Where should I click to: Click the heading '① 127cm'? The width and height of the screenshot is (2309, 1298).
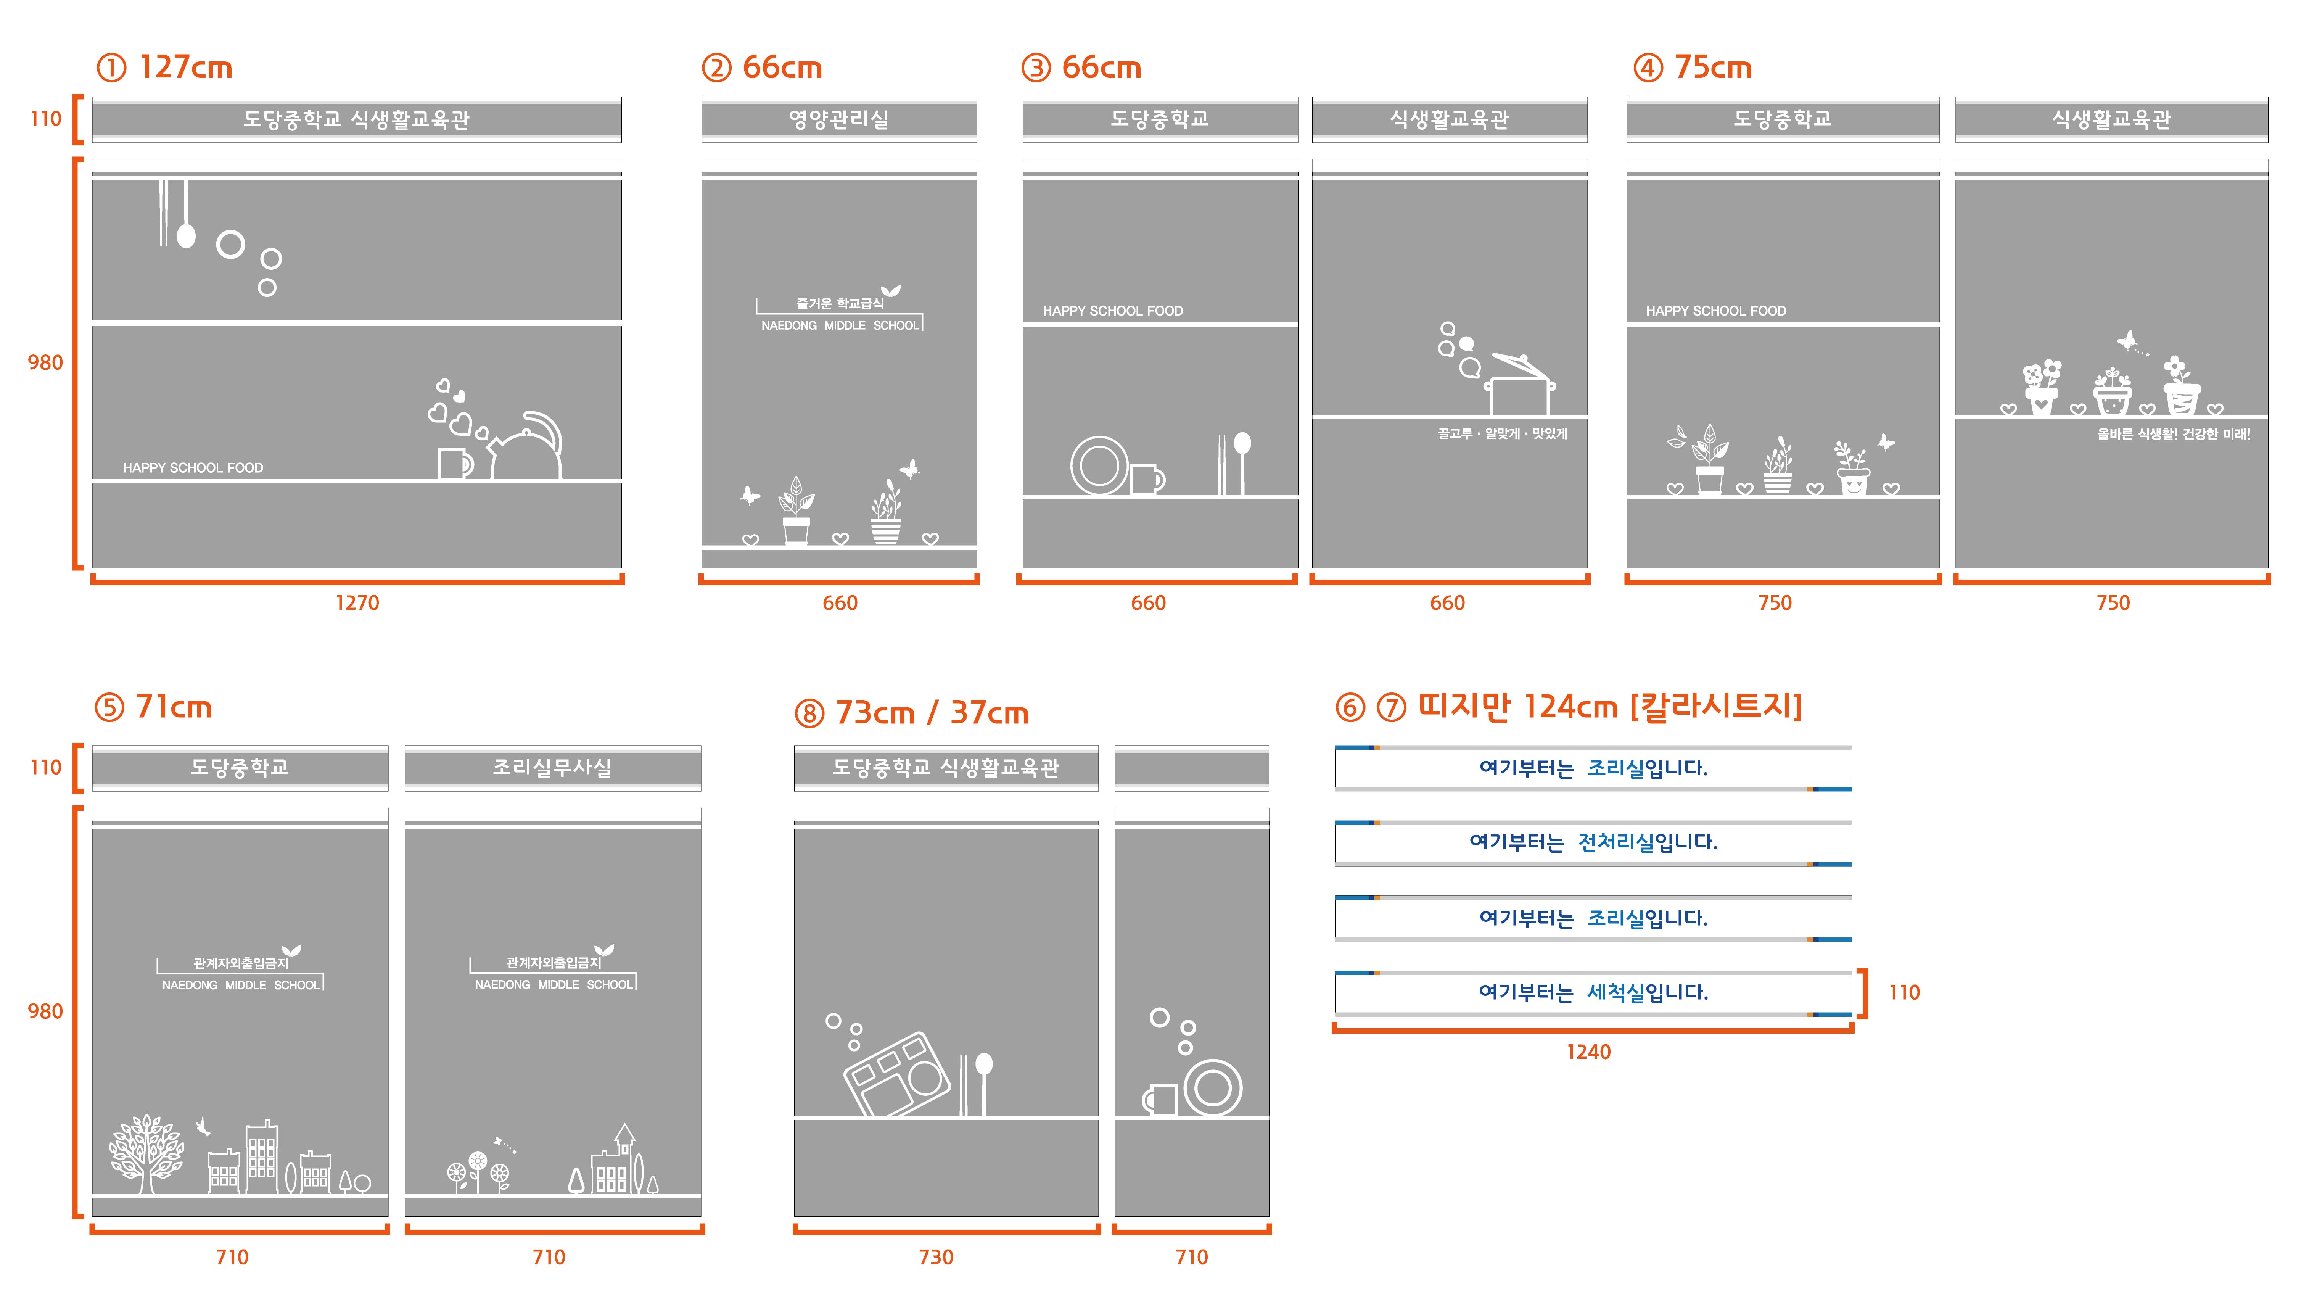click(164, 67)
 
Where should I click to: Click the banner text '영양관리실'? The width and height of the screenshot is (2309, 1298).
click(839, 119)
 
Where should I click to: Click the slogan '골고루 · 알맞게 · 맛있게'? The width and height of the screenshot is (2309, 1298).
click(1502, 434)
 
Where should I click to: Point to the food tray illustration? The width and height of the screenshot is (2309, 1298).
click(896, 1074)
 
